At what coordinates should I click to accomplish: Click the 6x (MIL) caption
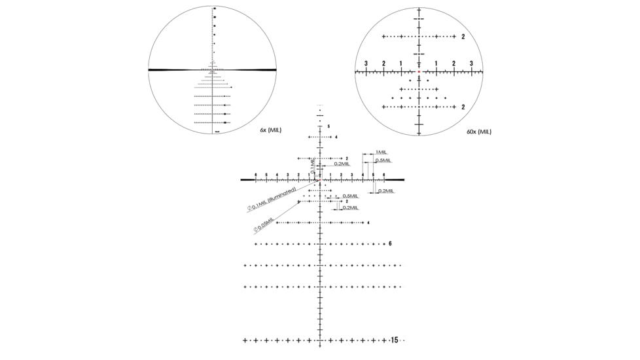click(270, 131)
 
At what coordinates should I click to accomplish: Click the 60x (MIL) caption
click(478, 132)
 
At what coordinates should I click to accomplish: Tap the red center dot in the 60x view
click(419, 71)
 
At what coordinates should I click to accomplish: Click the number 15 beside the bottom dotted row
click(394, 340)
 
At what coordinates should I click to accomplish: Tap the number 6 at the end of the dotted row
click(390, 243)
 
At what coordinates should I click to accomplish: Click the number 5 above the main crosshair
click(329, 126)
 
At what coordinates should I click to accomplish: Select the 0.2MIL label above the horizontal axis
click(342, 164)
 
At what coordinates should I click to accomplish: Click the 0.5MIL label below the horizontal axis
click(350, 196)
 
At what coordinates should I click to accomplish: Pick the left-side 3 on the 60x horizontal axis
click(366, 63)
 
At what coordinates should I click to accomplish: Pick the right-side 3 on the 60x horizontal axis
click(471, 63)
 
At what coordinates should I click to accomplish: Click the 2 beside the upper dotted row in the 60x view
click(463, 37)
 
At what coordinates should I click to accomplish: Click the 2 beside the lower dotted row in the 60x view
click(463, 107)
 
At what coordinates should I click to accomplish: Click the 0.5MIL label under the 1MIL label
click(383, 160)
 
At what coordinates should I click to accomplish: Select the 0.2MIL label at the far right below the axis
click(386, 190)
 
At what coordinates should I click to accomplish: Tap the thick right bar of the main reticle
click(395, 179)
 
